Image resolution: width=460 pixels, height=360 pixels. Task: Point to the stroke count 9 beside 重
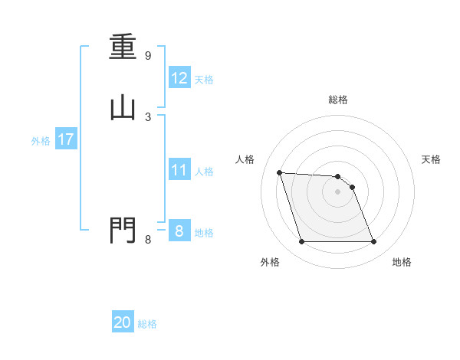[148, 56]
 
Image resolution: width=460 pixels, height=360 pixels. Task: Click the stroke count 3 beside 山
[148, 116]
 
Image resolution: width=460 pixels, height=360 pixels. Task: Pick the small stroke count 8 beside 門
[148, 239]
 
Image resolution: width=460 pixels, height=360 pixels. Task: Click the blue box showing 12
[179, 78]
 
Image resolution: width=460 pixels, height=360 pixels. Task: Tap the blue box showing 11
[179, 170]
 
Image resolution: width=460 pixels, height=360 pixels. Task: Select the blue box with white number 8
[179, 231]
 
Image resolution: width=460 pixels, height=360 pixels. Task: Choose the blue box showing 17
[65, 139]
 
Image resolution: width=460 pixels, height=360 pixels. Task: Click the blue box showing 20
[123, 322]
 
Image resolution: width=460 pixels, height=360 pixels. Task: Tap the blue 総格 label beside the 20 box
[147, 324]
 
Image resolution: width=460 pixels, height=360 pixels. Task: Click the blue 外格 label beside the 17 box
[41, 141]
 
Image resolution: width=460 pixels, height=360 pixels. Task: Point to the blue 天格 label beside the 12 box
[204, 80]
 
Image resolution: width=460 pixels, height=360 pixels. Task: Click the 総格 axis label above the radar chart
[338, 100]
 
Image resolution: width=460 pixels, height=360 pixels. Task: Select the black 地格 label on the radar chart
[402, 262]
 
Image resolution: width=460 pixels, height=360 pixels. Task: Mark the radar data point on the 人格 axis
[280, 172]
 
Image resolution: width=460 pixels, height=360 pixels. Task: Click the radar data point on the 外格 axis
[301, 242]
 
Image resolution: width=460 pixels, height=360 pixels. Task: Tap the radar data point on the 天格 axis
[352, 187]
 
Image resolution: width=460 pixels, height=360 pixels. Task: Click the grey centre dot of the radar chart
[337, 192]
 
